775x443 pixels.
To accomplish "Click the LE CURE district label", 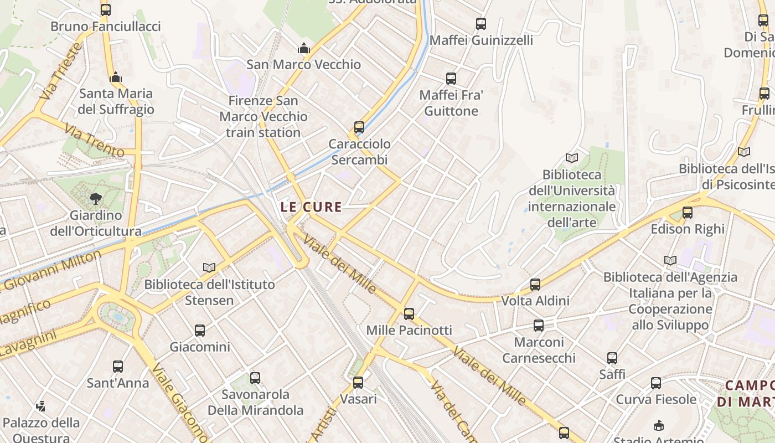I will click(x=311, y=207).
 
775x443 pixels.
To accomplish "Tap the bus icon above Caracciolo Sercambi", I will click(x=359, y=127).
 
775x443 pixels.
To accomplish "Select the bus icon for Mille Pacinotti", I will click(x=409, y=314).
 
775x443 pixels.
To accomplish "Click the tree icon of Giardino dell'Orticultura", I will click(x=96, y=198).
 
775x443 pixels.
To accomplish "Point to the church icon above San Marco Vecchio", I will click(x=303, y=49).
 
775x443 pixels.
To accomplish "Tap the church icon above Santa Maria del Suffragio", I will click(x=116, y=78).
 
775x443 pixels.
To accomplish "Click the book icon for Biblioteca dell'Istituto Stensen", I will click(x=209, y=268).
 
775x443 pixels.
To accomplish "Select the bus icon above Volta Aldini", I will click(x=535, y=285).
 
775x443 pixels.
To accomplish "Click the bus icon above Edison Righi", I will click(x=688, y=213).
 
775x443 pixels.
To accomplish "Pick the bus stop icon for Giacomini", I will click(x=200, y=331).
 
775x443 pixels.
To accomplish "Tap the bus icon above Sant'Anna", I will click(x=118, y=367).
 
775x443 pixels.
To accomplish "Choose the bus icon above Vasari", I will click(x=358, y=383).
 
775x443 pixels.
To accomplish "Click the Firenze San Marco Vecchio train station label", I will click(x=263, y=117).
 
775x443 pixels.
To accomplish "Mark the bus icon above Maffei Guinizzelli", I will click(x=481, y=24).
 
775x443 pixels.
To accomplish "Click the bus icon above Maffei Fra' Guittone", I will click(x=451, y=79).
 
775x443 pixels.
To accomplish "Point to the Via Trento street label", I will click(x=94, y=140).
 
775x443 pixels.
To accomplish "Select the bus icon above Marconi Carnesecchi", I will click(x=539, y=326).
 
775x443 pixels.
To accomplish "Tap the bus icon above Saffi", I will click(x=612, y=358).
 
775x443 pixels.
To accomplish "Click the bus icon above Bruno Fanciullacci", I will click(x=106, y=9).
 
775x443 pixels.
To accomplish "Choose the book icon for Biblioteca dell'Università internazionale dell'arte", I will click(x=572, y=158).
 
